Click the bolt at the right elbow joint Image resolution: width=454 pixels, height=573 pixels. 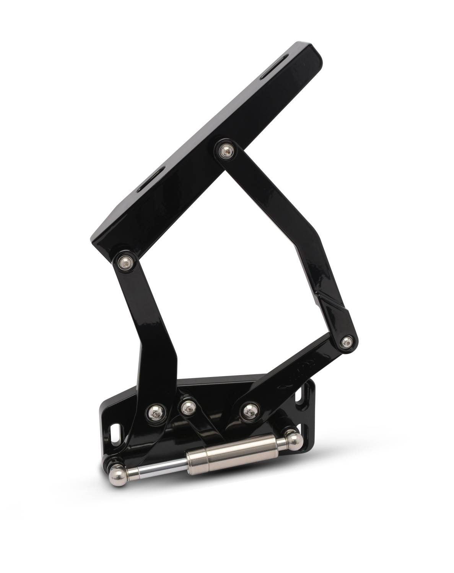tap(347, 342)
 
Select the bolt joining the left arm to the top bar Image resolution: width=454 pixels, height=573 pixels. tap(124, 262)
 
